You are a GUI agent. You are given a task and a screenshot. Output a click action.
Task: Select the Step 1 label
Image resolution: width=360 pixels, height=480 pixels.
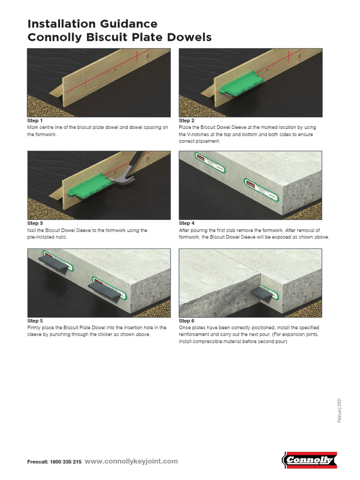[x=35, y=120]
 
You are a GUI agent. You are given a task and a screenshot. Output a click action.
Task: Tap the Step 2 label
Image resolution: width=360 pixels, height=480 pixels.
[x=187, y=120]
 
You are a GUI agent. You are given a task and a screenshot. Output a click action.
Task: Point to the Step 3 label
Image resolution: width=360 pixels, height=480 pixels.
[x=35, y=224]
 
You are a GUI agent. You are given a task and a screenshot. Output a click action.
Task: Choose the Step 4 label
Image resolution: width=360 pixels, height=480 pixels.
[x=187, y=224]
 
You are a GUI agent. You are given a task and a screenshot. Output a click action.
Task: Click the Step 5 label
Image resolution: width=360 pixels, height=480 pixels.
[x=35, y=321]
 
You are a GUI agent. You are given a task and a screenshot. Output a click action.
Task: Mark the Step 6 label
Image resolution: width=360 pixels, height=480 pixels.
[x=187, y=321]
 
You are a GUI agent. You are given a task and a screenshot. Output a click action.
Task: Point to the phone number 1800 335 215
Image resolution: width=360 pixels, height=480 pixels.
[x=66, y=462]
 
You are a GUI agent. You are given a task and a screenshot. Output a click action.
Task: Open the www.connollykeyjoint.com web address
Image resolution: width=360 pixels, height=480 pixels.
[x=131, y=461]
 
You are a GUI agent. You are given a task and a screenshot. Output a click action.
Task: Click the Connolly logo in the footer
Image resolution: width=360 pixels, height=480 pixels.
[x=309, y=459]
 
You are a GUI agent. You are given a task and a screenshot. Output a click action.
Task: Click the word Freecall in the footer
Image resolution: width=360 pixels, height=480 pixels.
[x=37, y=462]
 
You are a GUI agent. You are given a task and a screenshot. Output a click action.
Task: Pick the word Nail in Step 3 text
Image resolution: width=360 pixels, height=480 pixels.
[x=32, y=231]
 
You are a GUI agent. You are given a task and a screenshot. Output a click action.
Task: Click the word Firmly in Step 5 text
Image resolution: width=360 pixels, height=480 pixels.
[x=35, y=328]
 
